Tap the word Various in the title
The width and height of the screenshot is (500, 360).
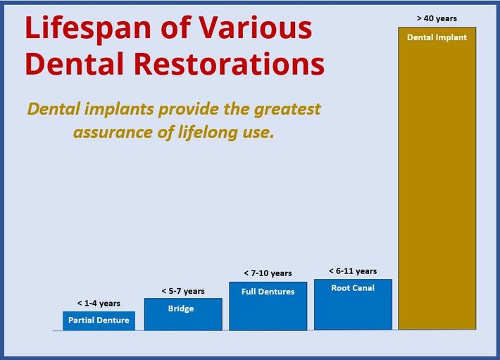click(256, 27)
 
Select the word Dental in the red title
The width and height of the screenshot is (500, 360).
click(74, 63)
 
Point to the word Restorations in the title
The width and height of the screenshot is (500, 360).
click(229, 63)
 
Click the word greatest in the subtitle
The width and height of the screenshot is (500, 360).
click(287, 110)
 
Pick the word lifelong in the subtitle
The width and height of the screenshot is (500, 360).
click(208, 132)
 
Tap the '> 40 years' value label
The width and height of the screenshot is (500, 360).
click(437, 18)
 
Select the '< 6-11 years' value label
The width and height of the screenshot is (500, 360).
click(353, 271)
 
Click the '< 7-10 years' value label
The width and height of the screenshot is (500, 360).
click(268, 273)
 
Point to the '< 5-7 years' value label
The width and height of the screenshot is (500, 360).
click(183, 291)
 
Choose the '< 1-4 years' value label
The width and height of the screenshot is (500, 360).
click(99, 303)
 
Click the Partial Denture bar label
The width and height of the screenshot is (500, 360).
click(99, 320)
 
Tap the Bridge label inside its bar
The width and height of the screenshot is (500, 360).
click(181, 309)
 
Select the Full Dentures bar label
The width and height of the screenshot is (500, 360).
click(268, 292)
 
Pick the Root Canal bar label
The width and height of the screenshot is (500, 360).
click(353, 288)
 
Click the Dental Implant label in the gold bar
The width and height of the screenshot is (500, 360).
click(437, 37)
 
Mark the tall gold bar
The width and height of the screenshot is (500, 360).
click(437, 178)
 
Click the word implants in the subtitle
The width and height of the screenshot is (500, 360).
click(119, 110)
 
